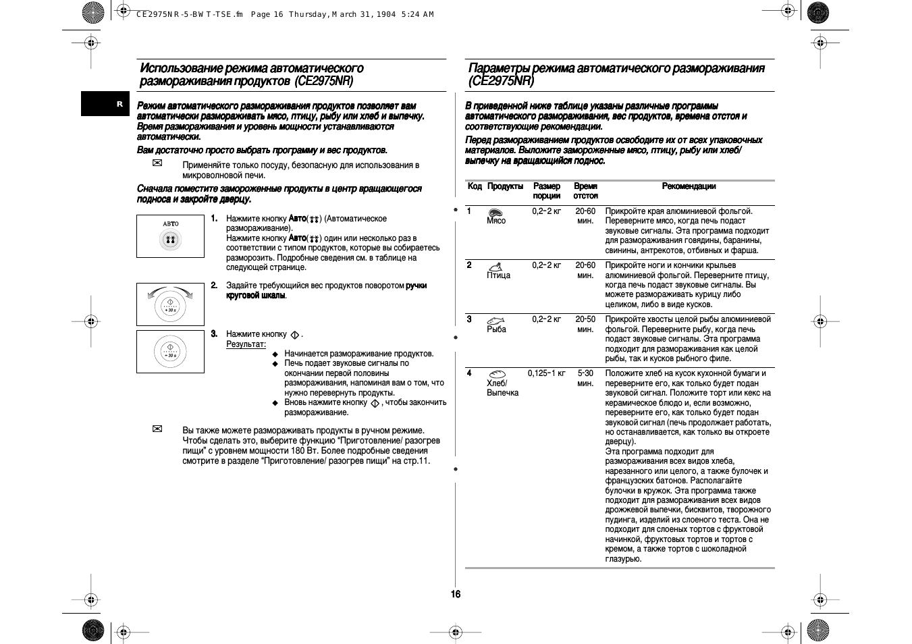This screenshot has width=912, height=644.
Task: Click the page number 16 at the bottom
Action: click(456, 594)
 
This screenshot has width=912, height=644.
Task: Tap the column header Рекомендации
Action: click(689, 186)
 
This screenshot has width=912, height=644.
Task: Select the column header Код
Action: click(475, 186)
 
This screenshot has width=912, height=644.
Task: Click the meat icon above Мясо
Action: click(495, 212)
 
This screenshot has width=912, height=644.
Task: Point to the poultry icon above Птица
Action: click(495, 266)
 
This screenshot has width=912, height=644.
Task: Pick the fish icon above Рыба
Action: click(496, 320)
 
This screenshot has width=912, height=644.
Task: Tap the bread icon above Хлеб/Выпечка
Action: click(497, 373)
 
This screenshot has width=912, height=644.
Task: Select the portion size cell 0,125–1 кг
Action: click(547, 373)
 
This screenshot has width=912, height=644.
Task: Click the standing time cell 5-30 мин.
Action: click(585, 378)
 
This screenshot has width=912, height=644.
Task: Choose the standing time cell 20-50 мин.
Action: click(585, 324)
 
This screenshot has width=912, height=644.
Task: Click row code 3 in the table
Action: click(469, 319)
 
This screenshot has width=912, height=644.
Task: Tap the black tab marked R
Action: click(119, 104)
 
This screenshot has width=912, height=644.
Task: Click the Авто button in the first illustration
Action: click(170, 239)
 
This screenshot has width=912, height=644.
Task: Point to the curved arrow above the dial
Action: click(170, 291)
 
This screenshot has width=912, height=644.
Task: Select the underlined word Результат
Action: click(246, 344)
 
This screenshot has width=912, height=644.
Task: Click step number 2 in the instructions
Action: click(214, 286)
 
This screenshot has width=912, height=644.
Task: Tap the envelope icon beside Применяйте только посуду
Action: click(157, 163)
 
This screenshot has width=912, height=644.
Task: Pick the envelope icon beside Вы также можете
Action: click(157, 429)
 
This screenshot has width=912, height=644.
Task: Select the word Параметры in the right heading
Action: click(499, 68)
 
